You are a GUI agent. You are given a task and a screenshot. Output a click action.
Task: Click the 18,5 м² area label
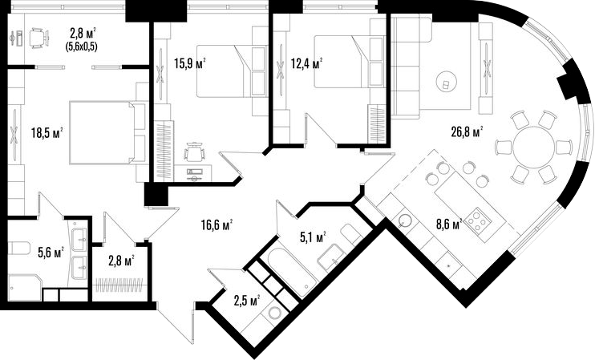(x=47, y=133)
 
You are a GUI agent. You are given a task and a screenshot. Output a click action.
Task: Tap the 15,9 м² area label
(x=190, y=63)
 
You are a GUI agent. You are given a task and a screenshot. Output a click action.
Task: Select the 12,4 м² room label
(x=306, y=63)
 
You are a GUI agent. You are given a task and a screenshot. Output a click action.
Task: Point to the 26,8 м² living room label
(x=467, y=132)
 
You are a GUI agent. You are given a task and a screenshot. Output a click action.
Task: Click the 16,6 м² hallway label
(x=217, y=225)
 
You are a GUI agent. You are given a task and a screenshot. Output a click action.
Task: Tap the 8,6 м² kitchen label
(x=449, y=224)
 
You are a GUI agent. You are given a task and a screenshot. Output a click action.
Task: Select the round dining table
(x=533, y=147)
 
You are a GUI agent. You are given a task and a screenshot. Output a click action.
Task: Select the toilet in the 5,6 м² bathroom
(x=19, y=249)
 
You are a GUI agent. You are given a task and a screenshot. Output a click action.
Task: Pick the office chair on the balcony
(x=39, y=38)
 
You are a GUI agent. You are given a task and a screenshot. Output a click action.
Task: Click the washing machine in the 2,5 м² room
(x=274, y=313)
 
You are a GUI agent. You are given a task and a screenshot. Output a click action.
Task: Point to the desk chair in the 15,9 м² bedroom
(x=195, y=152)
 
